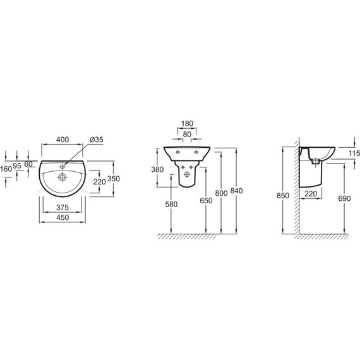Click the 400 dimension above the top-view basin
[63, 140]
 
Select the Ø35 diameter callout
[97, 140]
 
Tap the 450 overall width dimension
[63, 217]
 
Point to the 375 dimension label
[63, 208]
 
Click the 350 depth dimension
[114, 178]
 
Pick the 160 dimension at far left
[6, 169]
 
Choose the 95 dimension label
[17, 165]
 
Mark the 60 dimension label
[28, 164]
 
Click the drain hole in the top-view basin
[63, 177]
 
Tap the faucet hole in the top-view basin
[63, 167]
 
